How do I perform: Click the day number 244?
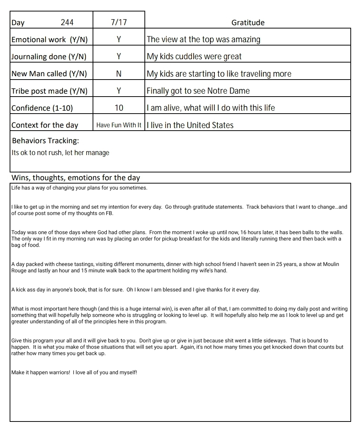click(67, 23)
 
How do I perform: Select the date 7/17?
click(119, 23)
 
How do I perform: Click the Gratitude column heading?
click(248, 23)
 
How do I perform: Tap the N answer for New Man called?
click(119, 74)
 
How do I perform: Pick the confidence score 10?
click(119, 108)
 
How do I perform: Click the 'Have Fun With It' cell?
click(119, 125)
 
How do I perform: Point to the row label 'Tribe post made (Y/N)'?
click(50, 91)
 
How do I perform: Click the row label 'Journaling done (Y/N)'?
click(49, 57)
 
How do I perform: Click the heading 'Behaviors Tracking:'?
click(46, 141)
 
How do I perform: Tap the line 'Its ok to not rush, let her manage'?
click(60, 153)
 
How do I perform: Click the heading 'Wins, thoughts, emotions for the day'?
click(76, 178)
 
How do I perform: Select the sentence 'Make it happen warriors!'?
click(41, 372)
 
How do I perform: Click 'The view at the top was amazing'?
click(203, 40)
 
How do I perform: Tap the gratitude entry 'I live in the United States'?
click(190, 125)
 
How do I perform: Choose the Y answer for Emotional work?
click(119, 40)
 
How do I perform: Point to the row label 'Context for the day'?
click(45, 125)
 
